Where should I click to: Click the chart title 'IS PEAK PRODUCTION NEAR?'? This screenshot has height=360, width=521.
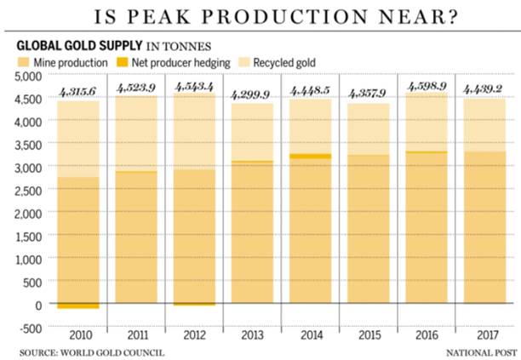pos(260,17)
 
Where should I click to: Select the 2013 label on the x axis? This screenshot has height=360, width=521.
pos(252,333)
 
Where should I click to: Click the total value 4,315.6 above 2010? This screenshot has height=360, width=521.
pos(78,91)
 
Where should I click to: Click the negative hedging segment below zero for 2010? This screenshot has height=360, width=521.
pos(78,306)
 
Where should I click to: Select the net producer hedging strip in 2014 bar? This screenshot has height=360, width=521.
pos(309,156)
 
